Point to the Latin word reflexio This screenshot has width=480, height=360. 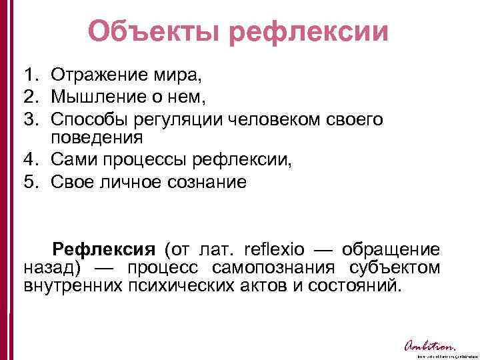click(275, 250)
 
